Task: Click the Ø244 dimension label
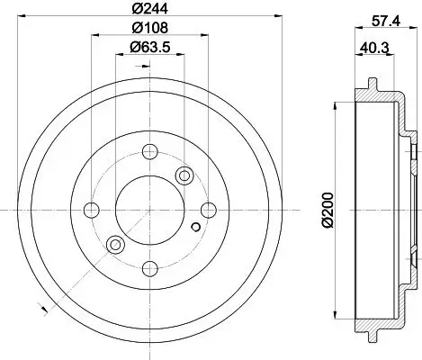tap(149, 13)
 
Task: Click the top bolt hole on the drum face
tap(149, 150)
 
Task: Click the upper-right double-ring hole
tap(184, 175)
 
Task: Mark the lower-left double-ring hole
tap(114, 245)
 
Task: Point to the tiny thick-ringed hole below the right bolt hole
tap(194, 225)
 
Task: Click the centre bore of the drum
tap(149, 210)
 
